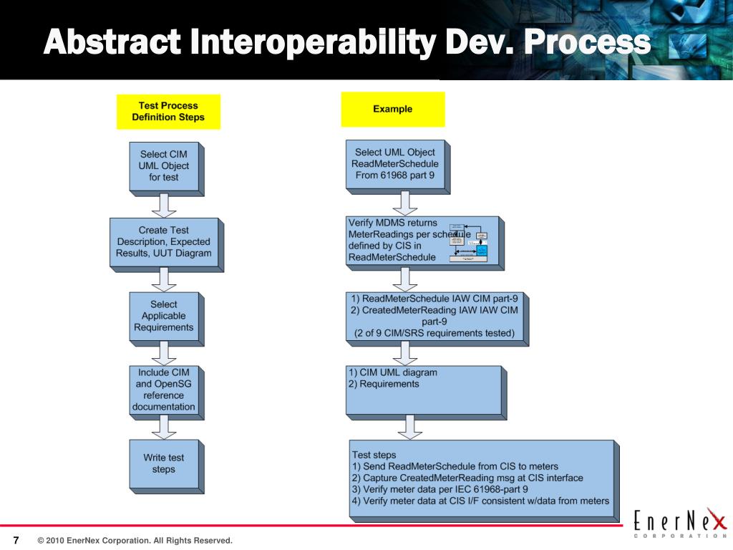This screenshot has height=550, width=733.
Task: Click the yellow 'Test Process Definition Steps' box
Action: pos(168,112)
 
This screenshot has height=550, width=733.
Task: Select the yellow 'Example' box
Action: pos(392,110)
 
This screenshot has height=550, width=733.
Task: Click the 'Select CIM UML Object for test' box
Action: pos(164,166)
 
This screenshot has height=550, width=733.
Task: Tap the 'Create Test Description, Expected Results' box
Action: pos(164,242)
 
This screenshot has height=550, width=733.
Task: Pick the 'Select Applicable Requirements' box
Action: pos(163,316)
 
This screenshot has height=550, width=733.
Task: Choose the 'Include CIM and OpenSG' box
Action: pos(163,390)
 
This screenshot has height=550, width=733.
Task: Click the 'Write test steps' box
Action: pos(163,463)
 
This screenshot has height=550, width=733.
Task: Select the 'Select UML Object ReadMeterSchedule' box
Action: pos(396,164)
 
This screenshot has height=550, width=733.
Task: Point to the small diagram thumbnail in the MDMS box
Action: pos(468,243)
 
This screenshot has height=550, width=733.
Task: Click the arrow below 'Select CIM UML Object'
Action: pos(164,205)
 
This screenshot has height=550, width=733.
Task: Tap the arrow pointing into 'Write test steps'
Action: pos(164,428)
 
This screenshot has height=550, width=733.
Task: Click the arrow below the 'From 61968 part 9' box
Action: pos(405,203)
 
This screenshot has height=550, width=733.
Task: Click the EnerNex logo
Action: pos(681,521)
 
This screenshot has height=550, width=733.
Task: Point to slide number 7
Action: pos(16,539)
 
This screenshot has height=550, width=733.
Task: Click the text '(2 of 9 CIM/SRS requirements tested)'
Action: pos(434,333)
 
